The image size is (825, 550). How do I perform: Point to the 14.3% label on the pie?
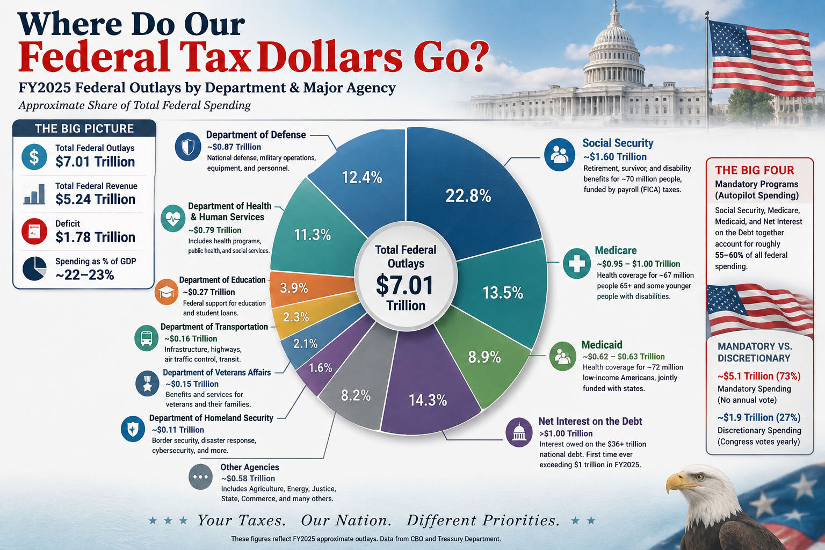coord(428,401)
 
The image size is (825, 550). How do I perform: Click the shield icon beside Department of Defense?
coord(188,147)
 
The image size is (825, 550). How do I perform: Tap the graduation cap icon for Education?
coord(167,292)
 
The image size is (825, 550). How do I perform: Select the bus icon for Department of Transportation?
coord(147,338)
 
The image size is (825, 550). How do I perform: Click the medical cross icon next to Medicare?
coord(577,263)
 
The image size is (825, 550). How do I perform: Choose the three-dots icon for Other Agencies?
coord(200,477)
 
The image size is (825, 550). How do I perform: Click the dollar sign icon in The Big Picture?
coord(34,156)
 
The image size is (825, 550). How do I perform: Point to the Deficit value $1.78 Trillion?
coord(96,237)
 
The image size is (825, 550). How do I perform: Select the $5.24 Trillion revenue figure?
coord(96,199)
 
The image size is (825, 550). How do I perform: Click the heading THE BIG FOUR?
coord(755,170)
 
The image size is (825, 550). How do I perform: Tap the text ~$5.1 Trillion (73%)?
coord(759,376)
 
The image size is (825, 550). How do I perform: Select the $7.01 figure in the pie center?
coord(405,285)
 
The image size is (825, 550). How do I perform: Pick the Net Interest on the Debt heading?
coord(590,421)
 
